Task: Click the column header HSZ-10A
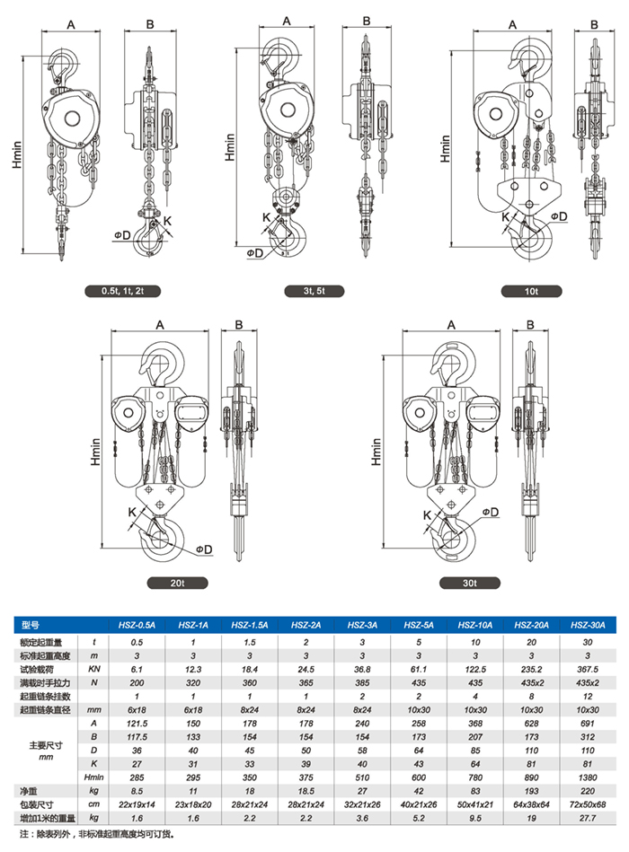tap(474, 625)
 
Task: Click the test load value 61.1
tap(417, 669)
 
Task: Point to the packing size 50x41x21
tap(474, 804)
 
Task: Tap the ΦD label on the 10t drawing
tap(557, 216)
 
